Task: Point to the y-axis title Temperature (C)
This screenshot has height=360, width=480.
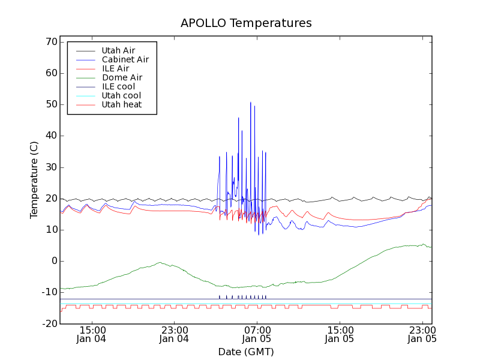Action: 34,180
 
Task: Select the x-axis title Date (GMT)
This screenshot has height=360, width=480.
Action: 245,352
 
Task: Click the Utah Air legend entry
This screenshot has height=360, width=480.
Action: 118,50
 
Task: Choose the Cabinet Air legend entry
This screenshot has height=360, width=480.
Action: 125,59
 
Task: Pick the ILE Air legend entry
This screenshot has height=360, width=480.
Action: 115,68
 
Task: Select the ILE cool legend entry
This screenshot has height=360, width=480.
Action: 118,86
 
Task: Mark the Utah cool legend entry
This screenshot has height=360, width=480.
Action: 121,95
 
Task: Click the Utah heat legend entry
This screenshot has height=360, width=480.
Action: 122,104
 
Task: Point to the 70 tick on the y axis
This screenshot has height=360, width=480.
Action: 50,42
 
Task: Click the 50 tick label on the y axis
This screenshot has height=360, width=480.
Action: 50,104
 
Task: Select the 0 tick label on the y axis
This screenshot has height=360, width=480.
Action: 53,261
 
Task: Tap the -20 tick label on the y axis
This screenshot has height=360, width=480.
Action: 48,323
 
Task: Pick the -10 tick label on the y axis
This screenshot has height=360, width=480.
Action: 48,292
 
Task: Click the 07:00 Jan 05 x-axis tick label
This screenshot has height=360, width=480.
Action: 257,334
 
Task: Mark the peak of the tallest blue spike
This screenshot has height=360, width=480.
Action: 251,103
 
